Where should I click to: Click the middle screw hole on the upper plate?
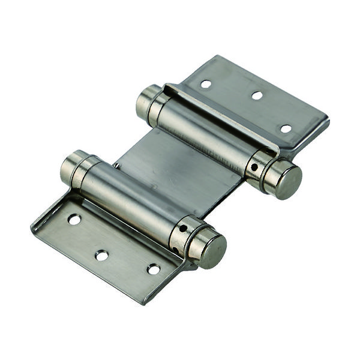[x=257, y=95]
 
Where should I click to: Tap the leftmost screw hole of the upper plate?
[x=206, y=84]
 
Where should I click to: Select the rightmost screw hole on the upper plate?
[x=286, y=128]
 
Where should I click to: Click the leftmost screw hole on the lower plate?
[x=74, y=220]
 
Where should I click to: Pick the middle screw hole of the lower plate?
[x=102, y=255]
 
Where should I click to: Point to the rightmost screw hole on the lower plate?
[x=154, y=269]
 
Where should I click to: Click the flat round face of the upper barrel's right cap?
[x=284, y=180]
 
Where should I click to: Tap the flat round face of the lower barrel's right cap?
[x=209, y=249]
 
